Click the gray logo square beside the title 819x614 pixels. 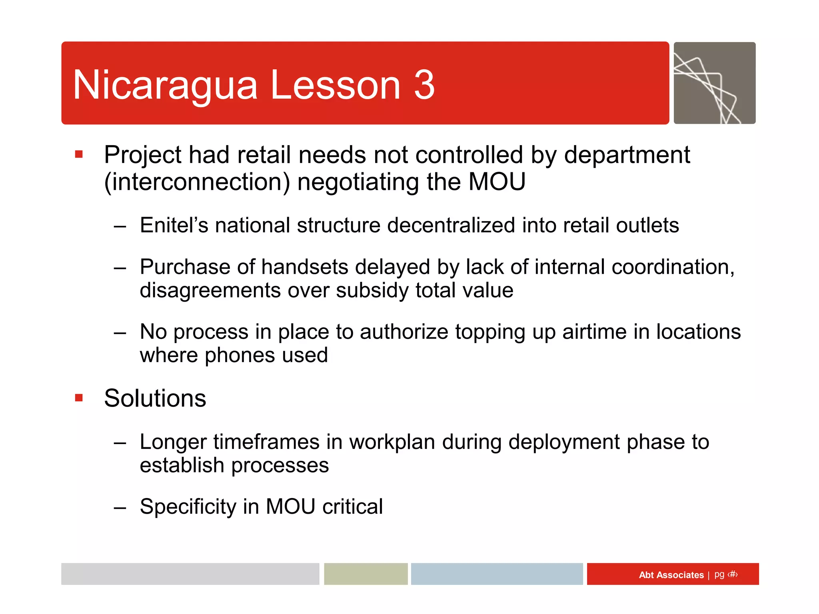(714, 83)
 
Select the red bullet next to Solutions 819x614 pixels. (79, 397)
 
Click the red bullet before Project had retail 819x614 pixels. (79, 154)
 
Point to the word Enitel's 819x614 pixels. (174, 225)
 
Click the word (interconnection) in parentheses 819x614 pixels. (197, 182)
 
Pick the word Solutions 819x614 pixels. (155, 398)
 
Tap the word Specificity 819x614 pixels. (188, 506)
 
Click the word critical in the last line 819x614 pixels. (352, 506)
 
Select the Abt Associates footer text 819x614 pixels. (671, 575)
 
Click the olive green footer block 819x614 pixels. (366, 574)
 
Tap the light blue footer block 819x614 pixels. (497, 574)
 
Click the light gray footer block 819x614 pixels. (190, 574)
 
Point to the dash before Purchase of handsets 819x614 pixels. (120, 267)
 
